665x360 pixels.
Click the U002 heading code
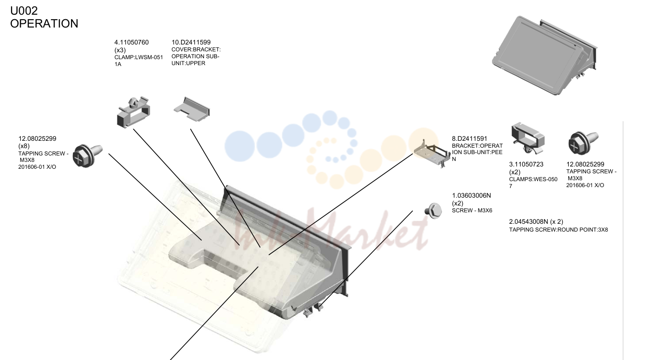point(24,11)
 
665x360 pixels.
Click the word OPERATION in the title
point(44,24)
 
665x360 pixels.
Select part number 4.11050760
point(132,43)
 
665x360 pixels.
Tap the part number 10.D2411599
point(191,43)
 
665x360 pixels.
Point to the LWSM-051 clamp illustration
point(133,112)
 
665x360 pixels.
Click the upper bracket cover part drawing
point(192,109)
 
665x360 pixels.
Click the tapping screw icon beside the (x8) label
point(88,155)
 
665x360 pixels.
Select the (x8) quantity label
point(24,146)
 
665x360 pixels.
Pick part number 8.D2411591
point(470,138)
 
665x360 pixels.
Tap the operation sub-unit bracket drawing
point(432,154)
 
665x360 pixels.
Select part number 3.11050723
point(526,164)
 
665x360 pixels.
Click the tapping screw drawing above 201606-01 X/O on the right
point(583,143)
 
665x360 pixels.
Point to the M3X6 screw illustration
point(433,211)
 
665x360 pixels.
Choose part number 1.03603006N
point(472,196)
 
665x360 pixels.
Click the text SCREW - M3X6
point(472,210)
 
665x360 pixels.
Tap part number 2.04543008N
point(528,222)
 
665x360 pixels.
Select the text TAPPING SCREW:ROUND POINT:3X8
point(558,230)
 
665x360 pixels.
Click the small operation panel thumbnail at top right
point(544,55)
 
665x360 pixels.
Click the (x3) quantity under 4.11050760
point(120,50)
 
